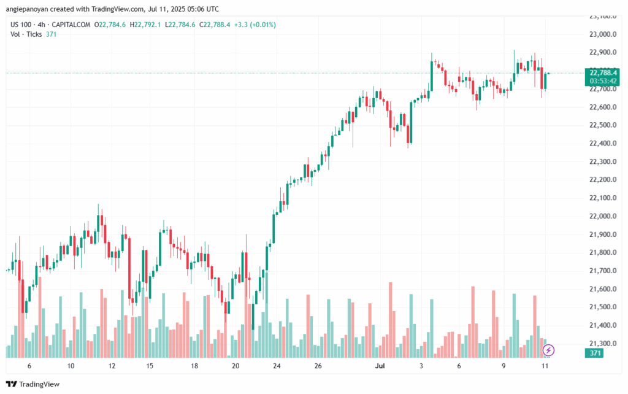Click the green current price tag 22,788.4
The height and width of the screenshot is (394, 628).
coord(602,72)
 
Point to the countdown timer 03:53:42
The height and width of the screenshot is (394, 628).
coord(602,80)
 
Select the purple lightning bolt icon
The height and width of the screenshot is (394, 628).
coord(549,350)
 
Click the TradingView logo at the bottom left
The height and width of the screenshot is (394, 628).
coord(36,384)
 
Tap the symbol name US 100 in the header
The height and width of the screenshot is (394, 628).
coord(22,25)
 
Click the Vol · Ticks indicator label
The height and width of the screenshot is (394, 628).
coord(26,34)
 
